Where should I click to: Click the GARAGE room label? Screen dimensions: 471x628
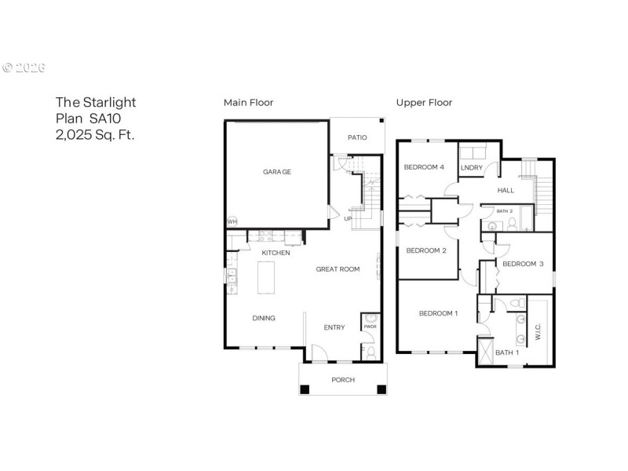pos(277,171)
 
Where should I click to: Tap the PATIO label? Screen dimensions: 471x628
pos(357,137)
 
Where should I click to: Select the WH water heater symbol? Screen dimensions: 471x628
pos(232,222)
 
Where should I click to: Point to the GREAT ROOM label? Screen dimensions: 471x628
pos(338,269)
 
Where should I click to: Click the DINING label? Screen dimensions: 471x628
pos(263,319)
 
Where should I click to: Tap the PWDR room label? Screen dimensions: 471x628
pos(370,327)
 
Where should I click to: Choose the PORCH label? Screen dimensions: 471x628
pos(343,380)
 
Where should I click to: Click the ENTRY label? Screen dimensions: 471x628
pos(334,327)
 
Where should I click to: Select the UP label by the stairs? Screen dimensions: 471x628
pos(348,218)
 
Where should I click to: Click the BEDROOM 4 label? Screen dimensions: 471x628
pos(424,167)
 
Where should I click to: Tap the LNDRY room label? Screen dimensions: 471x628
pos(471,167)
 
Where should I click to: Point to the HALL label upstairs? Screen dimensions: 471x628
pos(506,190)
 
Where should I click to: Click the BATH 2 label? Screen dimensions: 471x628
pos(504,210)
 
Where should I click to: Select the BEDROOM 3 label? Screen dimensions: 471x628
pos(523,264)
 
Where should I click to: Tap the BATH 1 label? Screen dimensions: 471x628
pos(506,352)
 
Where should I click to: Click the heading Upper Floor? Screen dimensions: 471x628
pos(424,103)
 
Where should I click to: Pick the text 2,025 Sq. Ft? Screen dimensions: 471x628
pos(94,134)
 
